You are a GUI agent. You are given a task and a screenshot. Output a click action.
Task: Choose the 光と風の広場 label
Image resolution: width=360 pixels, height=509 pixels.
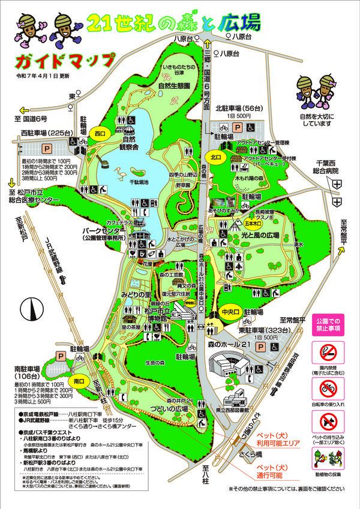click(260, 236)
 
